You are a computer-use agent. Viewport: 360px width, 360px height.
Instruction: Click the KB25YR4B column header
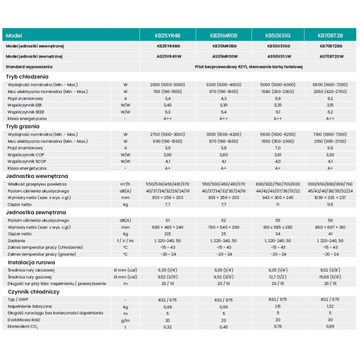coord(167,35)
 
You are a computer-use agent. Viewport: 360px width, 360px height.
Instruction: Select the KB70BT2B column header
coord(330,35)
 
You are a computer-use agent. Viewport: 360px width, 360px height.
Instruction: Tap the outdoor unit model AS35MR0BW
coord(225,56)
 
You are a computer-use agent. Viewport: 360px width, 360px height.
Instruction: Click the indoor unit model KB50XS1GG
coord(278,46)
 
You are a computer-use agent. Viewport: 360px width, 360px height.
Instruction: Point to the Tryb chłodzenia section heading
coord(27,76)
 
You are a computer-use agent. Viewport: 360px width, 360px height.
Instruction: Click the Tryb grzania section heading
coord(22,126)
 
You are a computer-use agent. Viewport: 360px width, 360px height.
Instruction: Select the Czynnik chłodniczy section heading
coord(33,292)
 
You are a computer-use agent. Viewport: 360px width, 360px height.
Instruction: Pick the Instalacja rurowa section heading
coord(31,262)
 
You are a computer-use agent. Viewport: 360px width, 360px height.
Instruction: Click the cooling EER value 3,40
coord(167,105)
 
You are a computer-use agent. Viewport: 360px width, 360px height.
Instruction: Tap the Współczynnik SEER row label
coord(25,112)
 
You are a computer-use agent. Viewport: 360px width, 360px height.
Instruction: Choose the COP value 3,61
coord(277,154)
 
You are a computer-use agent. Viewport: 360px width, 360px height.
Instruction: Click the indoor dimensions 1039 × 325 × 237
coord(330,197)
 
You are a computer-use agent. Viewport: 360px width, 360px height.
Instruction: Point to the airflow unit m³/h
coord(125,184)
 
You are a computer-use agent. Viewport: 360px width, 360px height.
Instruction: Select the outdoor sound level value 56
coord(330,220)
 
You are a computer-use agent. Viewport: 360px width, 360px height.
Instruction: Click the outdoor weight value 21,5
coord(167,234)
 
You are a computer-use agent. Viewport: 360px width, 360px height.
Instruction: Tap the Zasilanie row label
coord(16,241)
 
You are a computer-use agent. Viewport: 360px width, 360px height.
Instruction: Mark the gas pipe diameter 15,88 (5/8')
coord(330,277)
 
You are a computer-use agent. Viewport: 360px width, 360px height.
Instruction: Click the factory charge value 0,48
coord(167,307)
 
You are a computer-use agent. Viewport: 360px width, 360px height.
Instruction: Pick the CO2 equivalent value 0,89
coord(330,326)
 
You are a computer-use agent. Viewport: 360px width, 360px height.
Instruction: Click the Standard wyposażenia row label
coord(29,67)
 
